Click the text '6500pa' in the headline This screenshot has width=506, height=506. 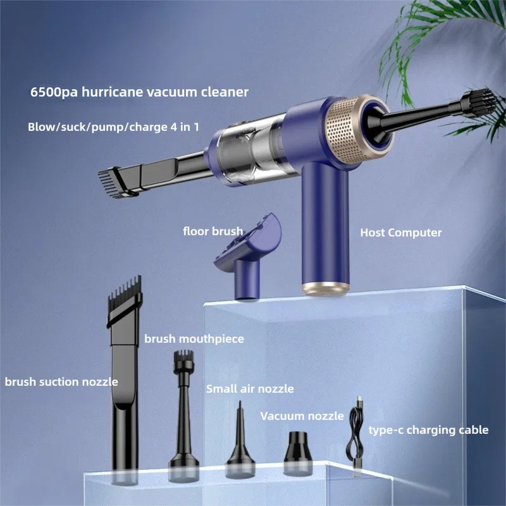coord(54,92)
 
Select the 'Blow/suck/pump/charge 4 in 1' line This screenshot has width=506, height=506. coord(113,127)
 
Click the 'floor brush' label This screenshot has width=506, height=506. coord(213,231)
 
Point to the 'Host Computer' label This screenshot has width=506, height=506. coord(401,233)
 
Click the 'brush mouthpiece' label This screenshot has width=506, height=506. coord(194,339)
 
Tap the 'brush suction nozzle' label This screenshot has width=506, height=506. coord(61,382)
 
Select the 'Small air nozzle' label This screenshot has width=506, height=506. coord(250,389)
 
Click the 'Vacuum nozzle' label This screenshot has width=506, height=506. coord(302,416)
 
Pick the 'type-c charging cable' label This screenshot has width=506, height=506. coord(429,430)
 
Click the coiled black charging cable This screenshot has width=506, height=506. coord(355,436)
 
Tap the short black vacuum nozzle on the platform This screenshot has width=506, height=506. coord(298,453)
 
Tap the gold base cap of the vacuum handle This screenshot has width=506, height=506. coord(326,289)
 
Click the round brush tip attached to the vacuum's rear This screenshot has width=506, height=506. coord(478,103)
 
